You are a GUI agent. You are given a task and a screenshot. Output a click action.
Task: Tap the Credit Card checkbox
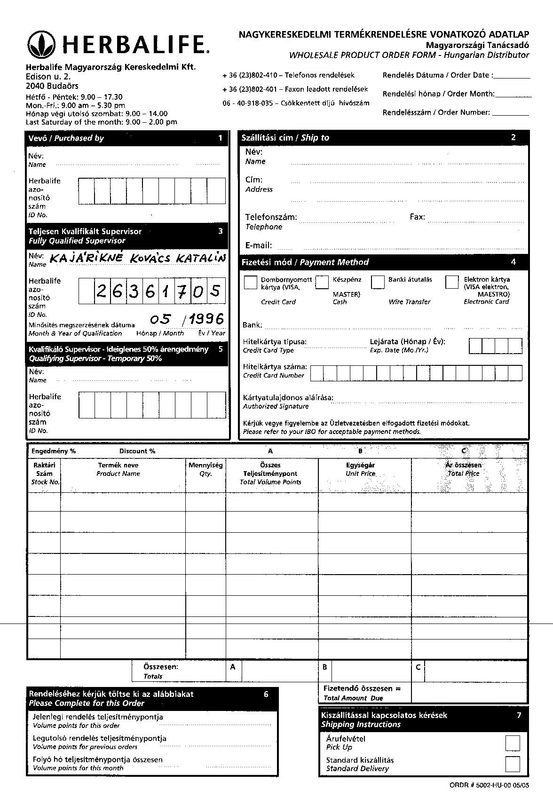(x=251, y=282)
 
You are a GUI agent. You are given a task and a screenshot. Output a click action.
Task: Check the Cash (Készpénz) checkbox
(x=322, y=282)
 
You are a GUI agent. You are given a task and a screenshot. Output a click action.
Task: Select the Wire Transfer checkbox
(x=378, y=282)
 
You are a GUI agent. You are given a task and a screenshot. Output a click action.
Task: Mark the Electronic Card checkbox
(x=452, y=282)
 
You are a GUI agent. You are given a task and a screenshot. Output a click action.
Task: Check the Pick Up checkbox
(x=512, y=743)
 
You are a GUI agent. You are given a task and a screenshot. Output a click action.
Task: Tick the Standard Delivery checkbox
(x=512, y=764)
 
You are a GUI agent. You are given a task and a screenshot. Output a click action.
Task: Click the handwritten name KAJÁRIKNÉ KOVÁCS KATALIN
(x=137, y=258)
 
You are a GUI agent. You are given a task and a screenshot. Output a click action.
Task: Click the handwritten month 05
(x=160, y=320)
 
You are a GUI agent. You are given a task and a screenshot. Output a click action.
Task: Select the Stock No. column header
(x=45, y=473)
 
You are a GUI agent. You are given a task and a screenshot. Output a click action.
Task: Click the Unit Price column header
(x=360, y=469)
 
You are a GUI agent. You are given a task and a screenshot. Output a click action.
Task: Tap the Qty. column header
(x=205, y=469)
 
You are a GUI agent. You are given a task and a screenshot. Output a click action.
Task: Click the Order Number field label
(x=436, y=112)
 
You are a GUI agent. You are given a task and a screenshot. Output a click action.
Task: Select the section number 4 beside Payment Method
(x=513, y=261)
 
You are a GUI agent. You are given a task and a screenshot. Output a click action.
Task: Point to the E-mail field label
(x=258, y=245)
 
